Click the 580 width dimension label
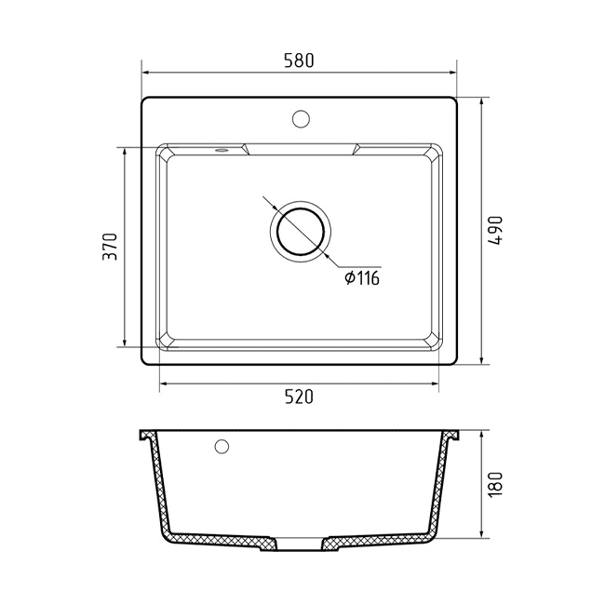[299, 60]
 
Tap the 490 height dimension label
[495, 230]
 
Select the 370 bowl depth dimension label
[110, 246]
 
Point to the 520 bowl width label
[299, 397]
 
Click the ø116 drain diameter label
[362, 277]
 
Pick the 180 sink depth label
[495, 484]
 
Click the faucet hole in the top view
[301, 119]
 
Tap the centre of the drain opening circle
[301, 232]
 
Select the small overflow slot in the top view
[222, 150]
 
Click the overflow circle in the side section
[222, 447]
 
